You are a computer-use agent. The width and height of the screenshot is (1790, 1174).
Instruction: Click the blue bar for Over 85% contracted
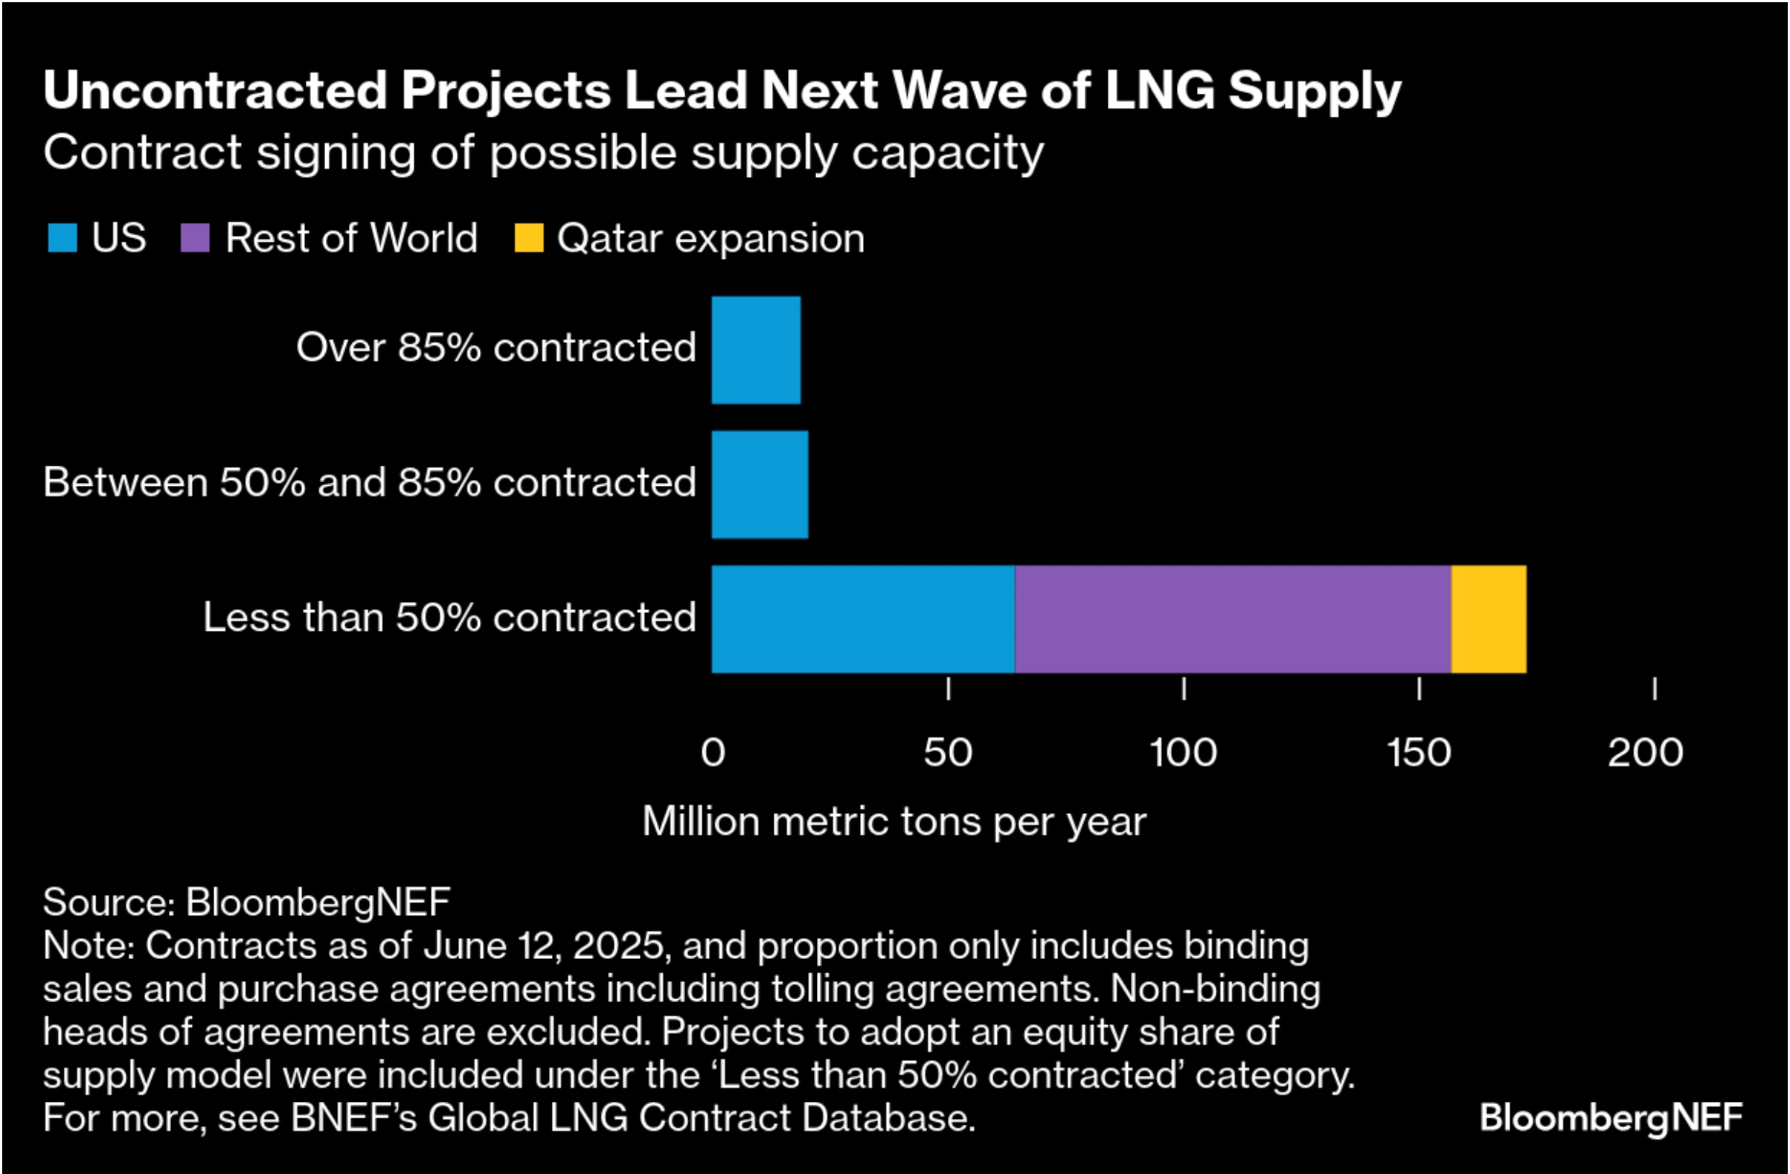[756, 350]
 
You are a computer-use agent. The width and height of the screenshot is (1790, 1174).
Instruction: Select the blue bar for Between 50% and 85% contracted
[760, 484]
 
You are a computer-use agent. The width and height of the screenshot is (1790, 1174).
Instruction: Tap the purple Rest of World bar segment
[1232, 619]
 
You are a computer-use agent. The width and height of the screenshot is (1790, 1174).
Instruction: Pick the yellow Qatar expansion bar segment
[1488, 619]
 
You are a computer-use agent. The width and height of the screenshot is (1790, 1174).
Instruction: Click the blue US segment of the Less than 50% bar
[863, 619]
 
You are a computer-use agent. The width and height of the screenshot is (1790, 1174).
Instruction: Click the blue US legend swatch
[62, 238]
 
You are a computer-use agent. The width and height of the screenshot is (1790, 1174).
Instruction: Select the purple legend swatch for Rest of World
[195, 238]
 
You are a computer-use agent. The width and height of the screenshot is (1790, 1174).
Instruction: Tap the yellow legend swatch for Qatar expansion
[528, 238]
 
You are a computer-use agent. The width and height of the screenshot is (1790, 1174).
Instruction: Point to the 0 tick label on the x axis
[712, 753]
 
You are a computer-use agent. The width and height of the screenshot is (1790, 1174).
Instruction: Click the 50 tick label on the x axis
[948, 753]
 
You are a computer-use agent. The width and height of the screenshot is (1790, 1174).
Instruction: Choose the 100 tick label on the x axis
[1183, 753]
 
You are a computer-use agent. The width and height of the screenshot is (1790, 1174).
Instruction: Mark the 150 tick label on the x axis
[1419, 753]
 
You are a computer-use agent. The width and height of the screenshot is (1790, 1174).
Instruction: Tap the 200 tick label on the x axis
[1645, 753]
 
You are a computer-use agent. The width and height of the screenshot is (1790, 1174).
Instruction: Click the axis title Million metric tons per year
[894, 821]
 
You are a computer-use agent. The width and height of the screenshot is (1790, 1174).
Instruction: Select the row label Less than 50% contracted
[449, 618]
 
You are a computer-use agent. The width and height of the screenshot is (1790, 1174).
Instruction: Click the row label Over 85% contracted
[495, 347]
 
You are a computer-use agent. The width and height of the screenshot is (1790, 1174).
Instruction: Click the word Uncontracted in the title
[215, 90]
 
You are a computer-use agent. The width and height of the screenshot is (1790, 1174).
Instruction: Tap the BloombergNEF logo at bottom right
[1610, 1117]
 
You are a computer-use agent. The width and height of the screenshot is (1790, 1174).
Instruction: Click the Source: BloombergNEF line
[246, 902]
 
